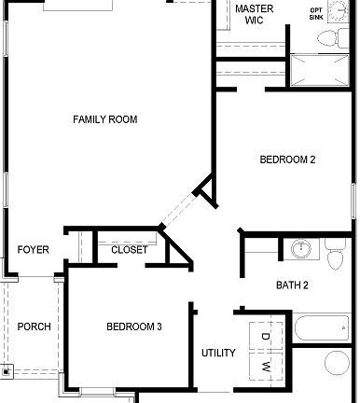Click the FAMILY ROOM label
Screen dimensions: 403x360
point(105,119)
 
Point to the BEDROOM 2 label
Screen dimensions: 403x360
point(287,160)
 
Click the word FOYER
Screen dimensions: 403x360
point(34,250)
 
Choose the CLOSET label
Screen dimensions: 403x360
point(129,250)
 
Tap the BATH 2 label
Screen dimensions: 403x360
point(292,285)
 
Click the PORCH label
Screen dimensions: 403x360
point(34,327)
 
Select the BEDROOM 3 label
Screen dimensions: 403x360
point(134,327)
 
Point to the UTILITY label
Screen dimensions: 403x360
point(218,353)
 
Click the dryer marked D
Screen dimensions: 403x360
point(265,336)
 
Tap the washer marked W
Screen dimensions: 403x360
point(265,366)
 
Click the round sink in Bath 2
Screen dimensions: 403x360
point(301,250)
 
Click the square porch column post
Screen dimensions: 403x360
point(7,371)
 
